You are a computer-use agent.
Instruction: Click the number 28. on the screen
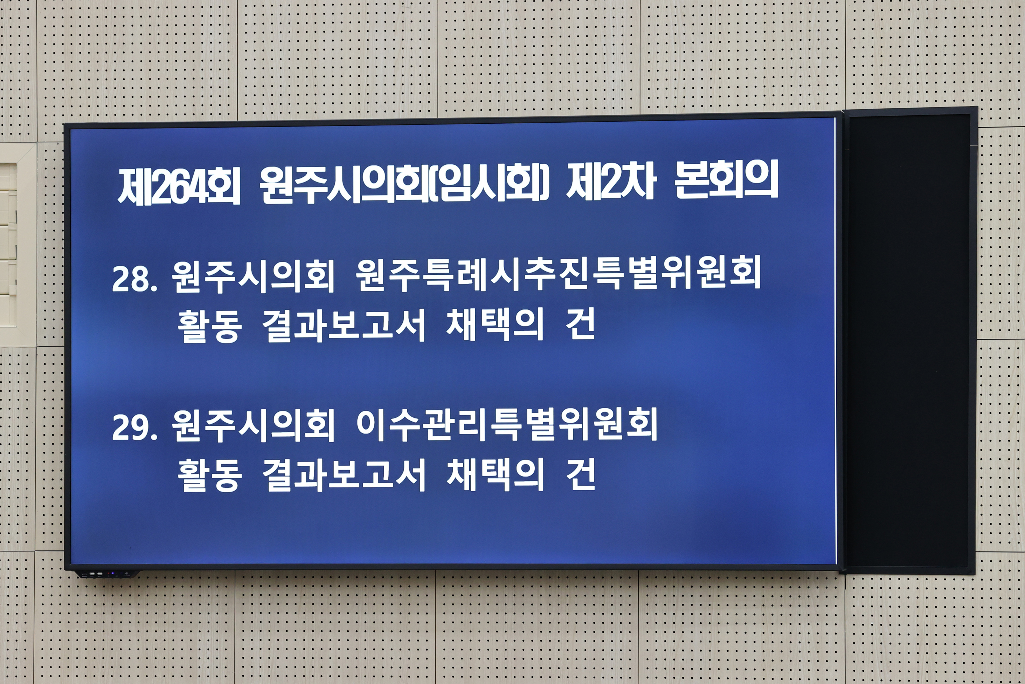[134, 278]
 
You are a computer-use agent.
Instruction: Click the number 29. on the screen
[134, 427]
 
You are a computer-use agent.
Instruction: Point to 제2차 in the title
[611, 182]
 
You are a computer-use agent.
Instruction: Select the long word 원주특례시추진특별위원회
[558, 274]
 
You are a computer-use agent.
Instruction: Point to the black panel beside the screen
[909, 340]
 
